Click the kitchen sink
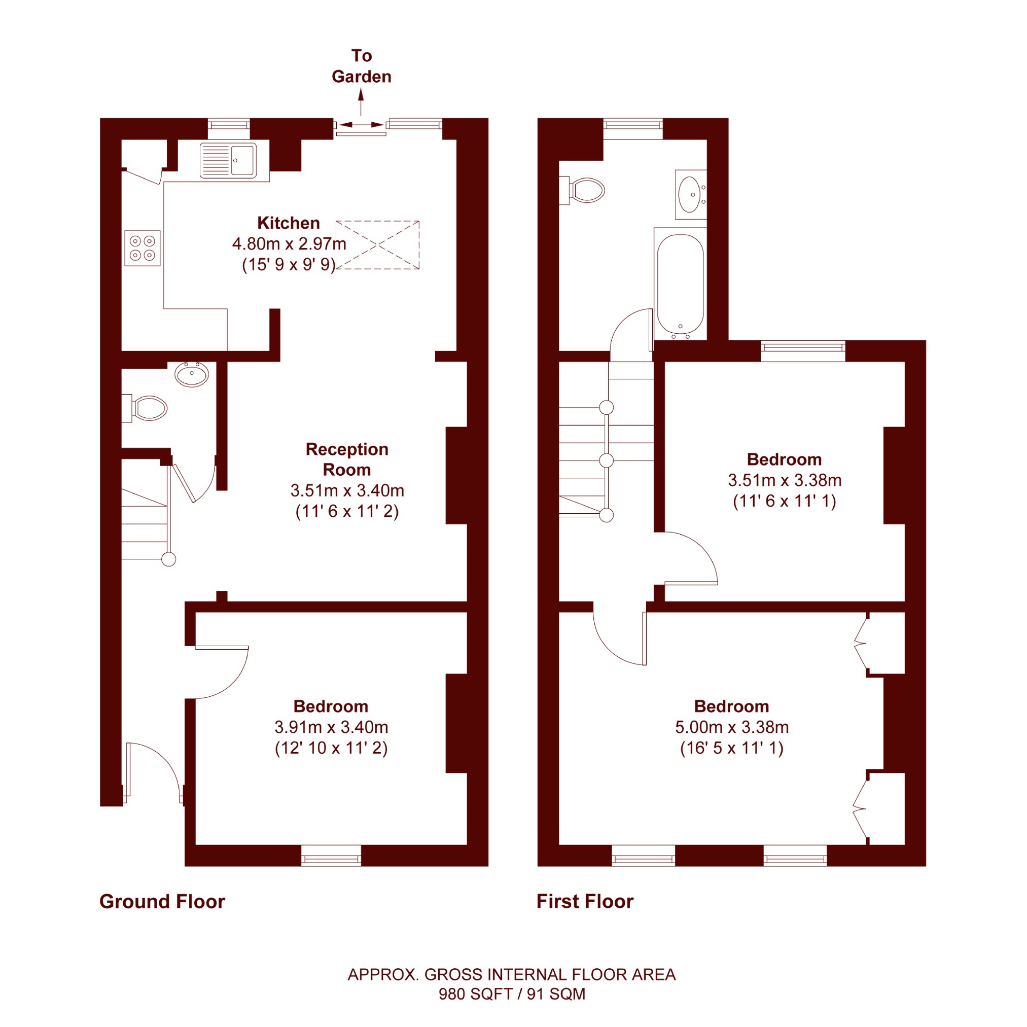229,160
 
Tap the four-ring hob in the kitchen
143,248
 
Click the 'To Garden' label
362,66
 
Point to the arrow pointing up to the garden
361,102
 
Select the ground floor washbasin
191,374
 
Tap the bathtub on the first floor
681,285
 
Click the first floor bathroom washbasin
691,195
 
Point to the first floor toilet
583,190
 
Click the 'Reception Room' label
347,459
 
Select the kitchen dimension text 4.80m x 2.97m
289,244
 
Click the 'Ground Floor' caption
162,902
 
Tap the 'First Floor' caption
585,902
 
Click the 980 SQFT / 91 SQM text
512,994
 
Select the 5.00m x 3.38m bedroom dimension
732,727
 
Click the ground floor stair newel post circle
168,559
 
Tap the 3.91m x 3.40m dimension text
331,727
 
